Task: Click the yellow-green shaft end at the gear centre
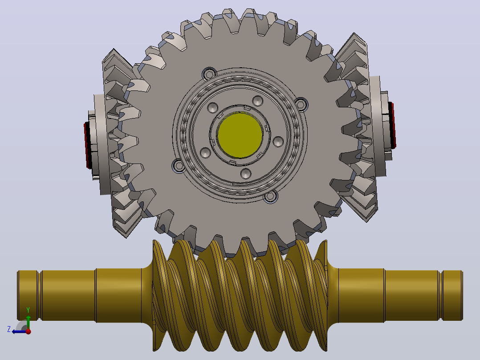(x=240, y=135)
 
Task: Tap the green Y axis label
(x=28, y=310)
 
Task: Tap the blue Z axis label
(x=9, y=329)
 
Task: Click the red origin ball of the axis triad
(x=28, y=331)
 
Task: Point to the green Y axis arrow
(x=28, y=322)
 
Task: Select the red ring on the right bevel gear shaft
(x=392, y=125)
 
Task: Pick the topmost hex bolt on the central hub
(x=209, y=74)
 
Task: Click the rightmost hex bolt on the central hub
(x=301, y=104)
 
